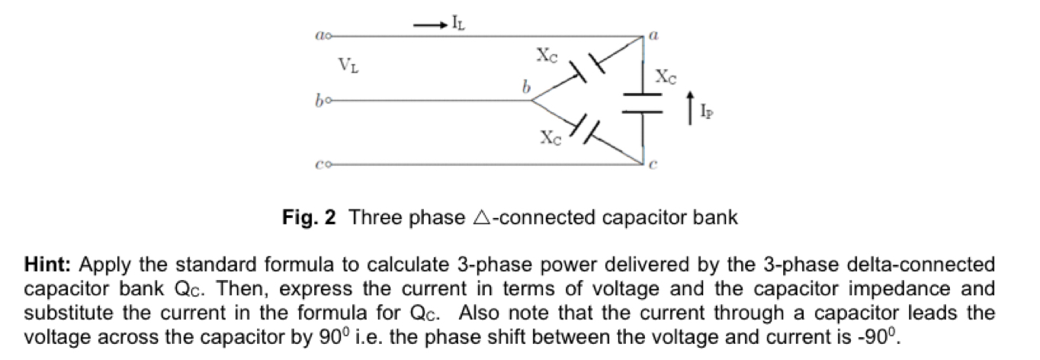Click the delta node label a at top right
653,35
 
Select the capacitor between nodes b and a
586,67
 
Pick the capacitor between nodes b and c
586,128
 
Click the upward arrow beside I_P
690,107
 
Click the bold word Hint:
48,265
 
